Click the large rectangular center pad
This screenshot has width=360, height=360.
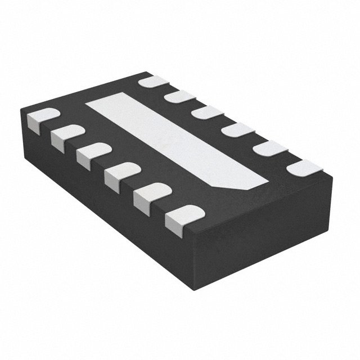[x=174, y=141]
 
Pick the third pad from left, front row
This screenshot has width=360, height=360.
[x=93, y=153]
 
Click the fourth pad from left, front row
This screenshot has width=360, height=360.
[x=121, y=172]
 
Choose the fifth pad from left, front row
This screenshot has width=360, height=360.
[x=150, y=195]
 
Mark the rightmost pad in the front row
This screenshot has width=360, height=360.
[x=183, y=217]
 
